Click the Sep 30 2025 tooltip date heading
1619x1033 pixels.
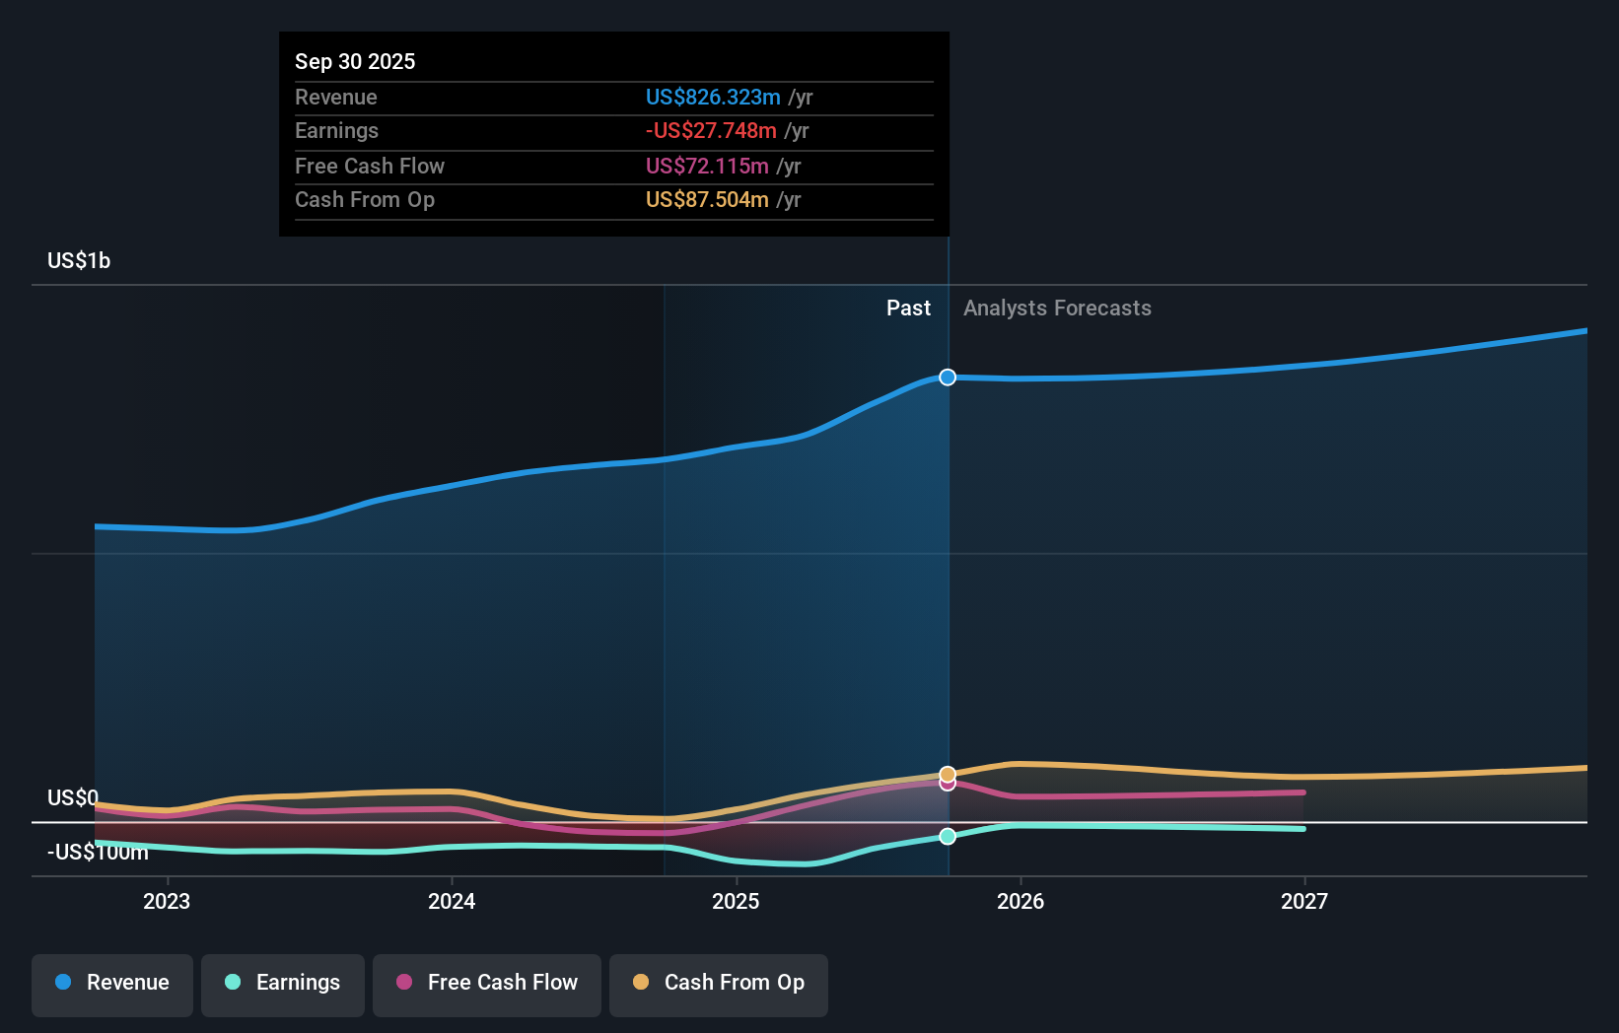355,61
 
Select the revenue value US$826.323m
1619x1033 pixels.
712,97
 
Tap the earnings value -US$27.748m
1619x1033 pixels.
710,130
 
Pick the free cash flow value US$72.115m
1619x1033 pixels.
707,166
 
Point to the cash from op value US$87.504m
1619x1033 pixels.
707,199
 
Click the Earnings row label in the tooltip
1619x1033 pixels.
336,130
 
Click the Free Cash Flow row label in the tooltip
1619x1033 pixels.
369,166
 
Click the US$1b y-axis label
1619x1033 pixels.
79,260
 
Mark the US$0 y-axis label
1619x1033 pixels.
73,796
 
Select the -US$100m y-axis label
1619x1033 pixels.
98,852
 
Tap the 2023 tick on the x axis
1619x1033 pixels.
167,901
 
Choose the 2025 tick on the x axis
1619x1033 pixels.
736,901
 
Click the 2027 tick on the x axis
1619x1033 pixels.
1303,901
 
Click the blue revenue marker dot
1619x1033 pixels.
948,378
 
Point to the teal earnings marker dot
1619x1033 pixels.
948,836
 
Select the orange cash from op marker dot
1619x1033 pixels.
948,774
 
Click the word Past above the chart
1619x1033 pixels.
908,308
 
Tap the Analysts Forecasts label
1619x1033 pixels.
1057,308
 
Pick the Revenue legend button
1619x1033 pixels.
112,983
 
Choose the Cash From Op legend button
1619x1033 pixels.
719,983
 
